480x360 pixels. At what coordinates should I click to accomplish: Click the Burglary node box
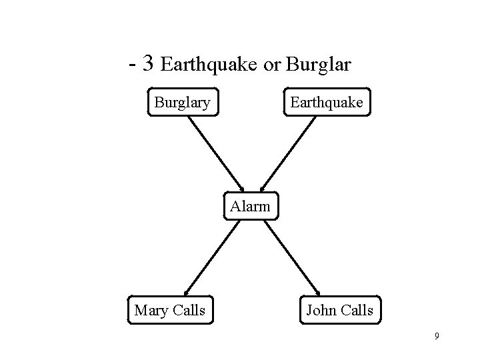point(183,103)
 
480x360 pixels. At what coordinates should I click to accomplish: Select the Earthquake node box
point(326,103)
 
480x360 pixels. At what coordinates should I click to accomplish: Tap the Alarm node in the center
point(250,206)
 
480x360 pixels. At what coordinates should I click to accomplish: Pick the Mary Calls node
point(169,310)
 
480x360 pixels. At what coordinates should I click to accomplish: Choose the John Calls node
point(339,310)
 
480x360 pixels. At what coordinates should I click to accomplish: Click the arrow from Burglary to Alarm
point(215,153)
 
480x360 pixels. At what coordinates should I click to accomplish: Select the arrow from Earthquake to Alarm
point(287,153)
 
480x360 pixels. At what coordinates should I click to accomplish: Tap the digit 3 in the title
point(149,64)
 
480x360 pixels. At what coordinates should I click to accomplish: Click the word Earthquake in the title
point(210,65)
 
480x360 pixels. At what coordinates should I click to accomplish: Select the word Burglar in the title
point(317,65)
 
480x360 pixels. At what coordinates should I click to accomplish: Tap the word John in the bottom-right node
point(321,310)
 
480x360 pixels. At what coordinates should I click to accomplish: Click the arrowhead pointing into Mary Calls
point(187,290)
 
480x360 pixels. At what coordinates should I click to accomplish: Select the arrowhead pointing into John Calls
point(318,290)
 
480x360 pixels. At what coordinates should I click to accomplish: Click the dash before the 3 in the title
point(133,66)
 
